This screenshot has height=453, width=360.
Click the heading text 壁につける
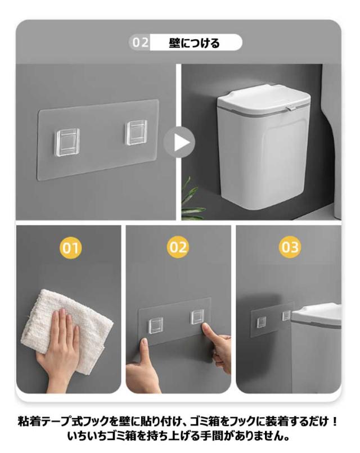(194, 43)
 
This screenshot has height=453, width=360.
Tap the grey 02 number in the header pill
(140, 43)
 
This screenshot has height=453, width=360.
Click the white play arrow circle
(179, 142)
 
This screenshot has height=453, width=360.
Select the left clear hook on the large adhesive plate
(67, 142)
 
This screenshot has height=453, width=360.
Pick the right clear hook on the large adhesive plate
(137, 132)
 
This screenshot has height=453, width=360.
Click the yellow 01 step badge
(71, 248)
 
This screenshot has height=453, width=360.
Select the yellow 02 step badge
(178, 247)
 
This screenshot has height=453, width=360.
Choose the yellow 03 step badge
(290, 247)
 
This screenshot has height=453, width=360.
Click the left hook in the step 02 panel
(156, 325)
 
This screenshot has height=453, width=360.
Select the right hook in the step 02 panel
(197, 317)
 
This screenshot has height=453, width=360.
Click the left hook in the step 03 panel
(262, 322)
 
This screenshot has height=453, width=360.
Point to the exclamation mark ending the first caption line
(335, 421)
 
